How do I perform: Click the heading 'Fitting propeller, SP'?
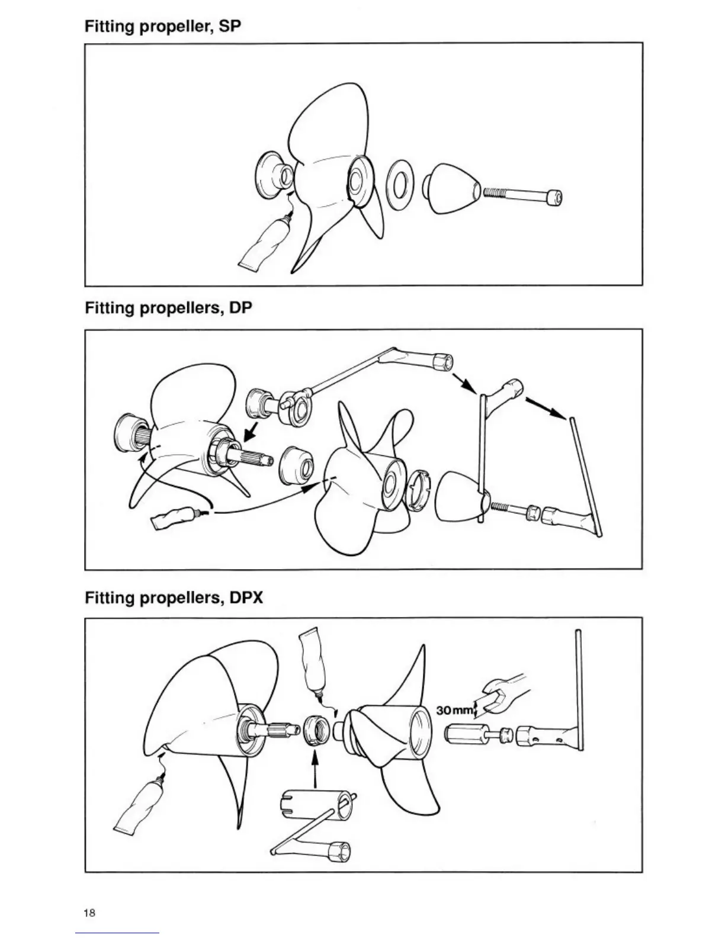pyautogui.click(x=163, y=27)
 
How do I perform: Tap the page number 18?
pyautogui.click(x=89, y=913)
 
